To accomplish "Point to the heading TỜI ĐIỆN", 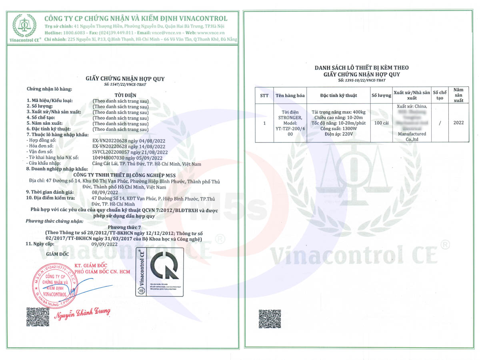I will pos(125,95).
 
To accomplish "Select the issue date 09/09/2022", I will pos(104,244).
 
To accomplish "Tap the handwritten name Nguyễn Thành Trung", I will pos(82,313).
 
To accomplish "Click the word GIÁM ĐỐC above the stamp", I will pos(58,254).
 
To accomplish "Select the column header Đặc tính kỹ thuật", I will pos(338,96).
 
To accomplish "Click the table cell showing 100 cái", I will pos(381,123).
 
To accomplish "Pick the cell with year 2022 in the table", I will pos(458,123).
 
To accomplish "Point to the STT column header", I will pos(264,96).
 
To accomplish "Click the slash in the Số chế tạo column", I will pos(440,123).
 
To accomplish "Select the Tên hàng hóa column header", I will pos(290,96).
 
